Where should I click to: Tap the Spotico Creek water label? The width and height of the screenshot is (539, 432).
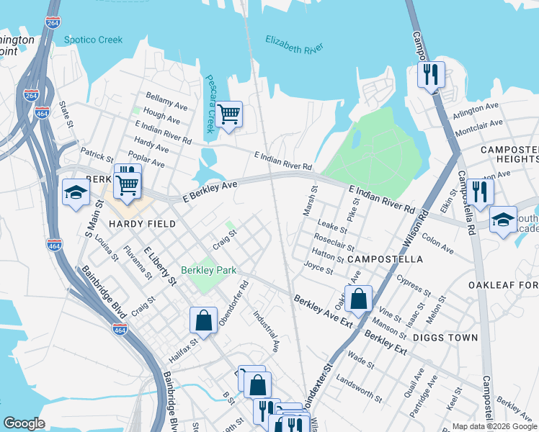93,40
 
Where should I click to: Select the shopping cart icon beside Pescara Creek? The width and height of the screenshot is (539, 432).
229,114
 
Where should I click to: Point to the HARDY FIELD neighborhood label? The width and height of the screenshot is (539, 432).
142,224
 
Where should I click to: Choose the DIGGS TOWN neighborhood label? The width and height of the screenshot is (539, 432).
452,337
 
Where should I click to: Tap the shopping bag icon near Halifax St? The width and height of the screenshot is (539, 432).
204,320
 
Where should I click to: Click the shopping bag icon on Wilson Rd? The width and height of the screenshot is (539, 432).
358,298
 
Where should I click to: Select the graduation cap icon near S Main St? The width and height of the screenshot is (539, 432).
76,193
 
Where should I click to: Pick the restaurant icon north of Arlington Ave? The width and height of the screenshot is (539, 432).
430,74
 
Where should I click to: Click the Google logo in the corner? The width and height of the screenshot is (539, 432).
24,423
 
